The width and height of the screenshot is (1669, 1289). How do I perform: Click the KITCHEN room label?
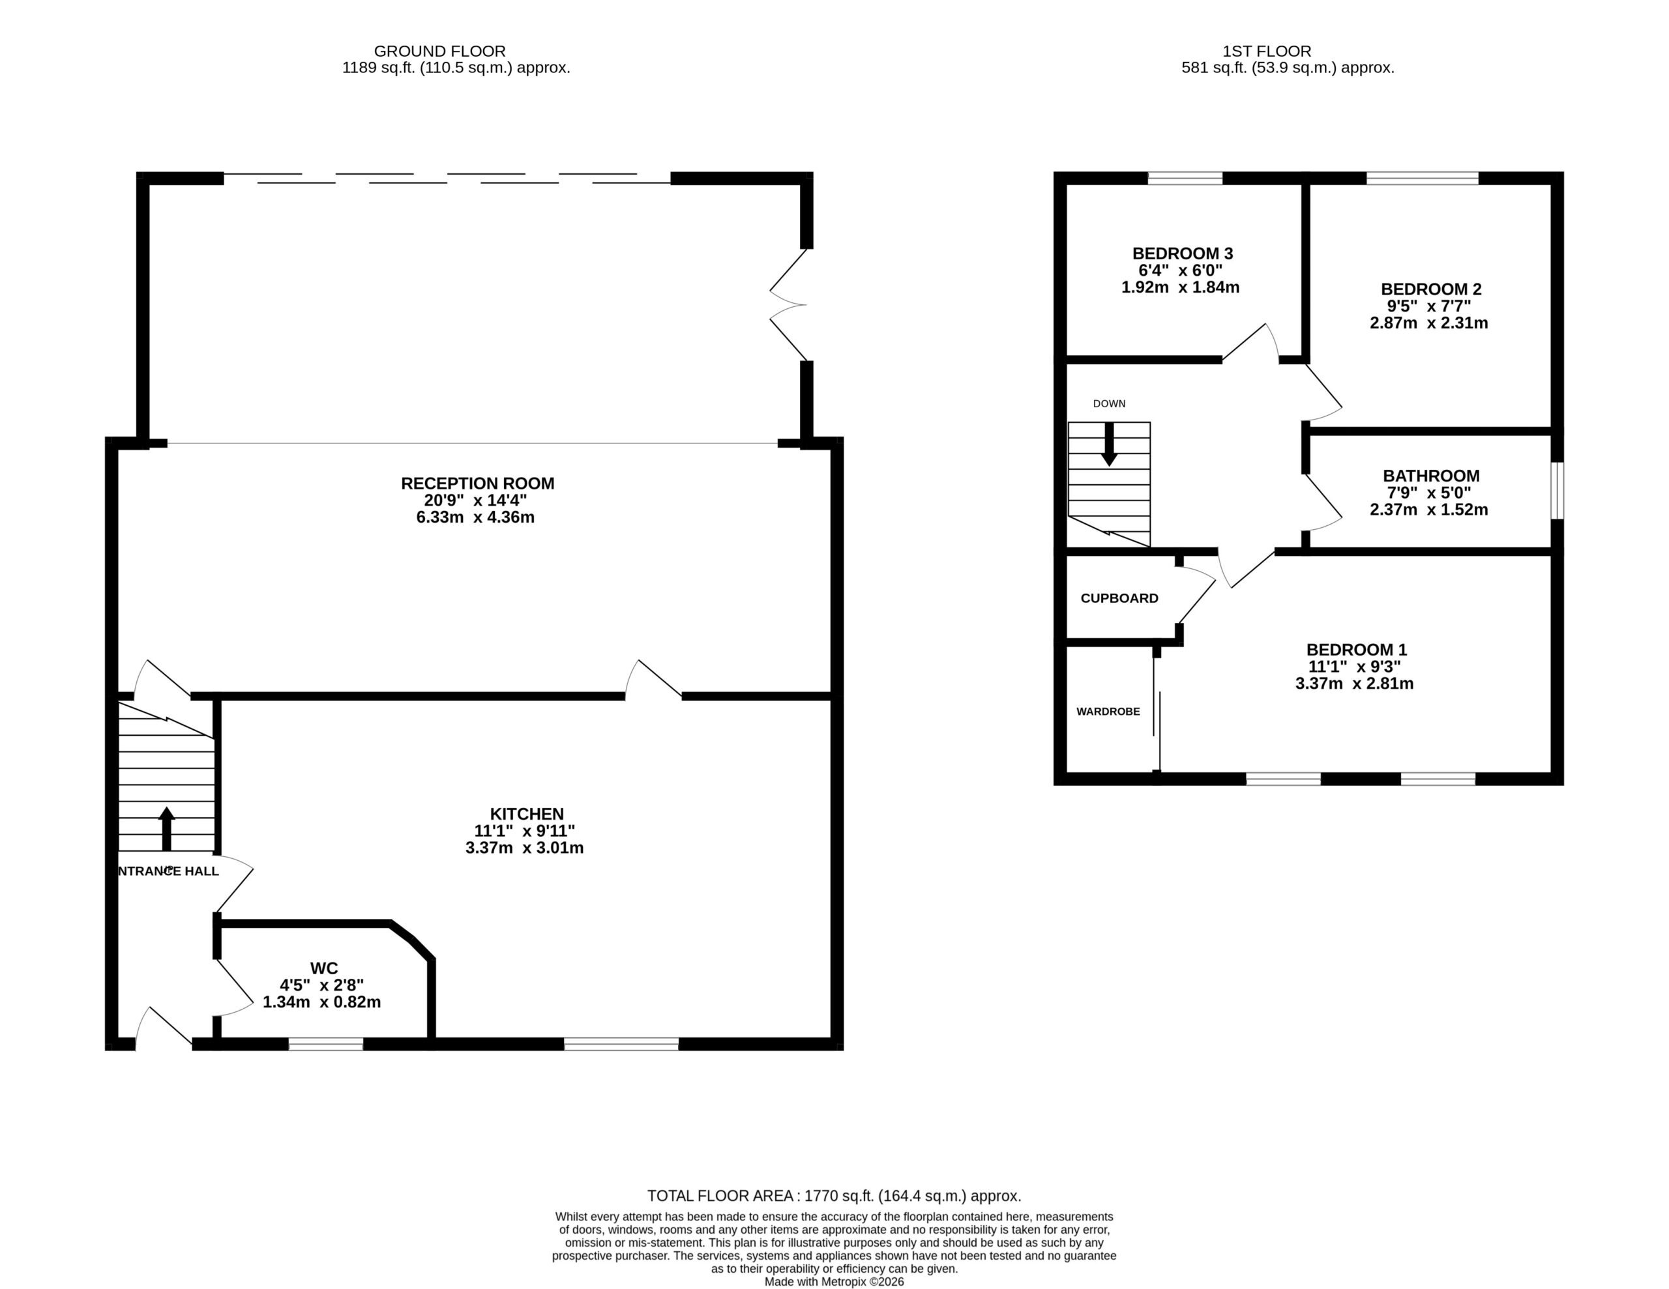coord(527,814)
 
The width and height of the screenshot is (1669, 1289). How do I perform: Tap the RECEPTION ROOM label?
coord(478,483)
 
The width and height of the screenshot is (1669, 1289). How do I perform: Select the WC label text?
coord(324,968)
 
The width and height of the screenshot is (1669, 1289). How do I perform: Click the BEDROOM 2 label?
coord(1430,289)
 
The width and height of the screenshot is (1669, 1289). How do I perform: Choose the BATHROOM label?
coord(1430,475)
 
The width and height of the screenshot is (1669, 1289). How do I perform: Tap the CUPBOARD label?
coord(1119,598)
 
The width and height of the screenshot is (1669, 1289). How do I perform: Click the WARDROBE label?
coord(1108,712)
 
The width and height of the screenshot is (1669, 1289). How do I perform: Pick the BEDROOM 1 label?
coord(1357,650)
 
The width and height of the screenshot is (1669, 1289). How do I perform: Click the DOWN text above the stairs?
coord(1109,403)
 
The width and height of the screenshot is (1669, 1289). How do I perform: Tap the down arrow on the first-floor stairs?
coord(1109,444)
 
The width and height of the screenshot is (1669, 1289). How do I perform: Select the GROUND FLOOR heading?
coord(439,51)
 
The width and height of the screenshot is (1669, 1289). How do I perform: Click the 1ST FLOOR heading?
coord(1266,51)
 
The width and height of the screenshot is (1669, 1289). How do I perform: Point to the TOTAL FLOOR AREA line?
coord(834,1196)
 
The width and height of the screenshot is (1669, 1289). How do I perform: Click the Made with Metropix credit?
coord(834,1281)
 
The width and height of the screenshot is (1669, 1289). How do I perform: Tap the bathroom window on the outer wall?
coord(1558,491)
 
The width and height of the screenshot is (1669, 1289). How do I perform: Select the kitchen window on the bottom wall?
coord(621,1044)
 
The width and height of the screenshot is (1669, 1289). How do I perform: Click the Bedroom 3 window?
coord(1185,178)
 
